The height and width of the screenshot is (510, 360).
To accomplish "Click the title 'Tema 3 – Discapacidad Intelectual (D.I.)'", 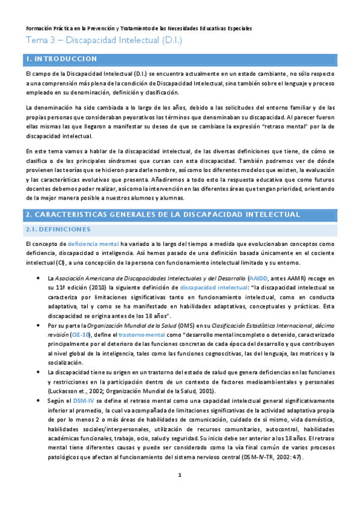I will coord(103,41).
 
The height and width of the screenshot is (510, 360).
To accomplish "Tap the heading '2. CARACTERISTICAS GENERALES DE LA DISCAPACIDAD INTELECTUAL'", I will coord(163,214).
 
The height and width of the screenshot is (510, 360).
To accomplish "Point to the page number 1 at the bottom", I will coord(180,492).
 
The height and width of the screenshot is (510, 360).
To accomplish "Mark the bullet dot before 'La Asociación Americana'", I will coord(39,279).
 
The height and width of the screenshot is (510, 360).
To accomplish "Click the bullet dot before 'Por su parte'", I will coord(39,325).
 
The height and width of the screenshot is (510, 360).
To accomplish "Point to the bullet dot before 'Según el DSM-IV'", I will coord(39,401).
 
